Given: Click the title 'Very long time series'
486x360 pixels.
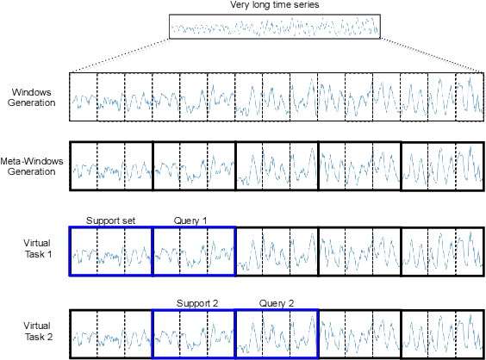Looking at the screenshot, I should (x=274, y=5).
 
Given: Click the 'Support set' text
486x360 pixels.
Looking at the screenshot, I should (x=109, y=220).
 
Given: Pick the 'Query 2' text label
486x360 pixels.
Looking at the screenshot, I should (x=277, y=303).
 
